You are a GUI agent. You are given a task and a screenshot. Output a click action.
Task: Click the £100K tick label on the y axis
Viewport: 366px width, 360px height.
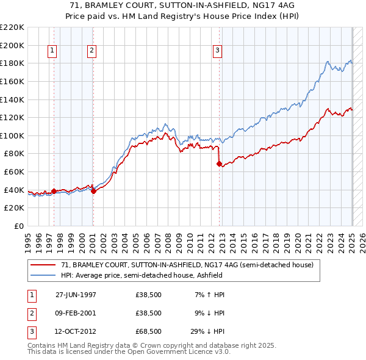pos(13,135)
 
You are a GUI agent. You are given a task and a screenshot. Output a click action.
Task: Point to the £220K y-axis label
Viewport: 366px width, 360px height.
pos(13,27)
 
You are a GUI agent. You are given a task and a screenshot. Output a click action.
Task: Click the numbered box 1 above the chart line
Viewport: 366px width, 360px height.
pos(52,51)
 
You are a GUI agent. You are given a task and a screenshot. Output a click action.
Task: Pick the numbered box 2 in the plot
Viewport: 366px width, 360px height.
pos(91,51)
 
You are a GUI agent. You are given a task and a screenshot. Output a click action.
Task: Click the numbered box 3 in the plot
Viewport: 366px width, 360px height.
pos(218,51)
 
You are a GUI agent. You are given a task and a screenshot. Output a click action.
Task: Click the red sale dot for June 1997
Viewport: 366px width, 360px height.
pos(54,191)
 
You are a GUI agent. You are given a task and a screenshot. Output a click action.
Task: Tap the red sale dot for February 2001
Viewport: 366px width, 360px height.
pos(93,191)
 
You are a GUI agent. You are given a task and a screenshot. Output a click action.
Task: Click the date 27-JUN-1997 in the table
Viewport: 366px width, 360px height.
pos(76,295)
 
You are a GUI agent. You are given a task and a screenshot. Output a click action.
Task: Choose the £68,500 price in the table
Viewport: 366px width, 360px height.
pos(148,331)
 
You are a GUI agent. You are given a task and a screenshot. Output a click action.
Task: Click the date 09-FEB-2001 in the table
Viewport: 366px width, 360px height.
pos(76,313)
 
